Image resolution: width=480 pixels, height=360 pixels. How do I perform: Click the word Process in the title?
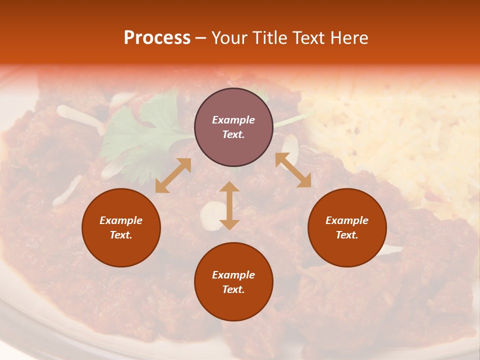click(157, 38)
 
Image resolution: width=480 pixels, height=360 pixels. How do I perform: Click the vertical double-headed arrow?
click(229, 205)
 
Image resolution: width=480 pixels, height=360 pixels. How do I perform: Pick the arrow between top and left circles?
click(173, 175)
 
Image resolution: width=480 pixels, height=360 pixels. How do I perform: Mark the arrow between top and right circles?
click(293, 170)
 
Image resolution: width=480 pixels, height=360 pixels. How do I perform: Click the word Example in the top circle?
click(233, 120)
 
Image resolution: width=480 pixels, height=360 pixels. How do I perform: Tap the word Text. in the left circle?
click(121, 235)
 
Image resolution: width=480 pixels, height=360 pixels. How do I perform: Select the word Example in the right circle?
click(347, 220)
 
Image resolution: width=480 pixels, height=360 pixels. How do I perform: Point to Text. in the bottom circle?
click(233, 289)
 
